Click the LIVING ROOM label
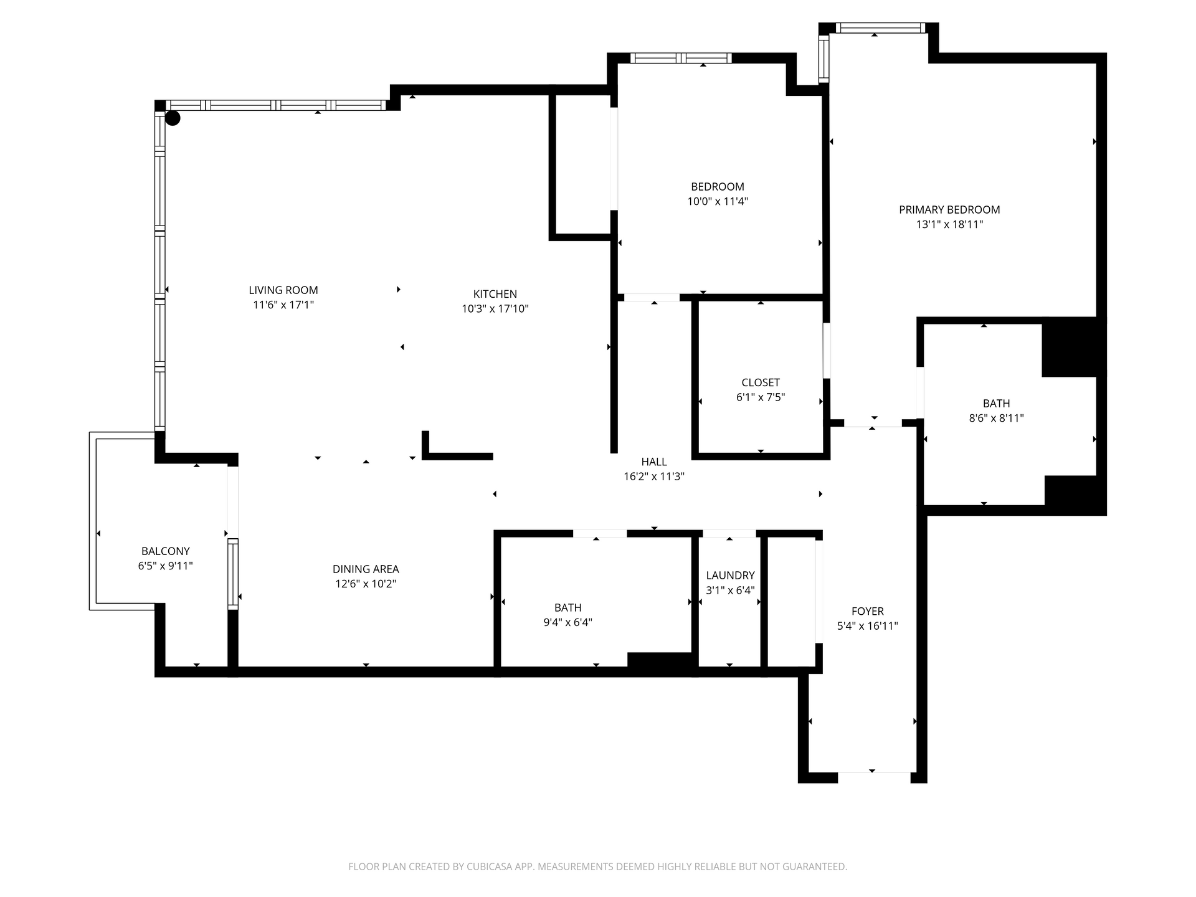(x=283, y=290)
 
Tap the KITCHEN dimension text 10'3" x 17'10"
(x=495, y=309)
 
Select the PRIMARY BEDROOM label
(x=949, y=210)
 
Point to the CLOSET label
(x=761, y=382)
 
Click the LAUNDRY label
(x=730, y=576)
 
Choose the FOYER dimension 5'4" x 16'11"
(x=868, y=626)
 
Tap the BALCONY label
(x=166, y=551)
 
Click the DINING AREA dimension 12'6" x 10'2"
(x=366, y=584)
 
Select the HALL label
(x=654, y=462)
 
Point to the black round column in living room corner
(x=173, y=118)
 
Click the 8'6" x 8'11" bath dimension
(x=997, y=419)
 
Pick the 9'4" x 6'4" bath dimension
(x=568, y=622)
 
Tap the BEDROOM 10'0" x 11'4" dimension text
(x=718, y=202)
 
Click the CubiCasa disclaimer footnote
(x=598, y=866)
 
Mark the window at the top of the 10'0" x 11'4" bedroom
(x=681, y=58)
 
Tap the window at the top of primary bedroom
(x=880, y=27)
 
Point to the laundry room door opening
(x=729, y=534)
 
